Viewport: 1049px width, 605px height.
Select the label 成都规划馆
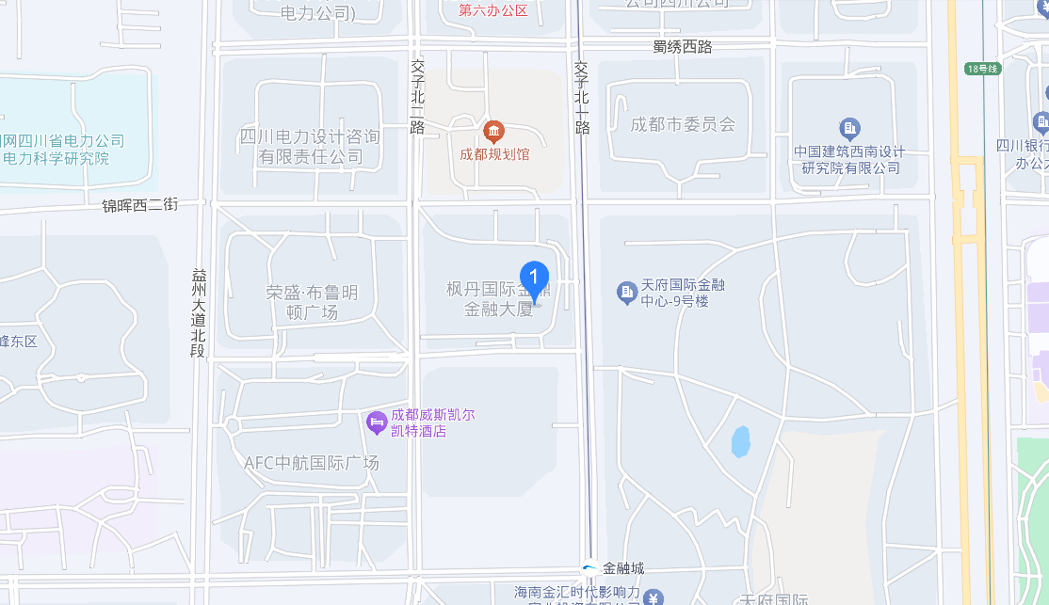493,154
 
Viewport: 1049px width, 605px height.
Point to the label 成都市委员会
682,124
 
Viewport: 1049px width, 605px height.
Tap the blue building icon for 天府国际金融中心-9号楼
627,293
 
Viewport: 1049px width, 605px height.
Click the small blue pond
741,441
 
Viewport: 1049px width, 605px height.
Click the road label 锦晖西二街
139,203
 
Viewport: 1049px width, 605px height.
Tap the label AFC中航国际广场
311,463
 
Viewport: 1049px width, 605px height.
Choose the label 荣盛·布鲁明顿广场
311,302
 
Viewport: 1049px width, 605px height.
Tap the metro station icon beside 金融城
589,567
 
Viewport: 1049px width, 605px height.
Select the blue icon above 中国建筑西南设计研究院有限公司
850,128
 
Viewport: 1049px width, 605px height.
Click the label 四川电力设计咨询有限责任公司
311,147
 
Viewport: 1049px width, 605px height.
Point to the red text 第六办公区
492,10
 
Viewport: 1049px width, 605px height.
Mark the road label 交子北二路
418,97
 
